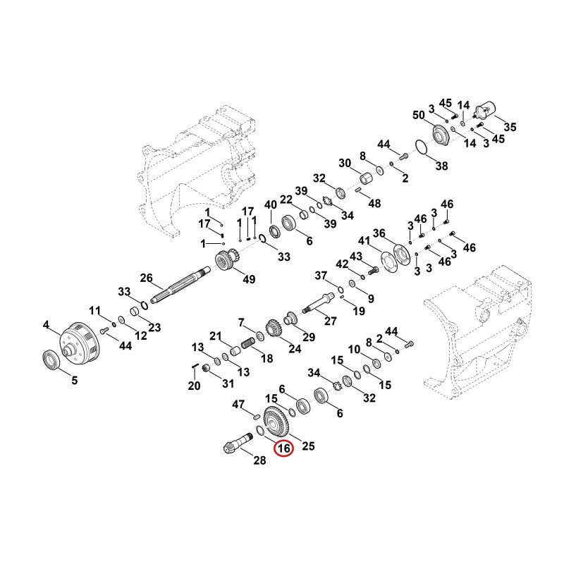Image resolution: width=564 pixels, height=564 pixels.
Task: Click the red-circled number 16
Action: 283,448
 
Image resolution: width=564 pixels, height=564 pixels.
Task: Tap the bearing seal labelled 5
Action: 52,360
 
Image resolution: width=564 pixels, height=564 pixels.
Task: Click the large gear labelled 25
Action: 277,421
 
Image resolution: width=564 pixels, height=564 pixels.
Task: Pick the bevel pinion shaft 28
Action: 238,442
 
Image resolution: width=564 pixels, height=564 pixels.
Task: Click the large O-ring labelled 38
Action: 421,147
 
